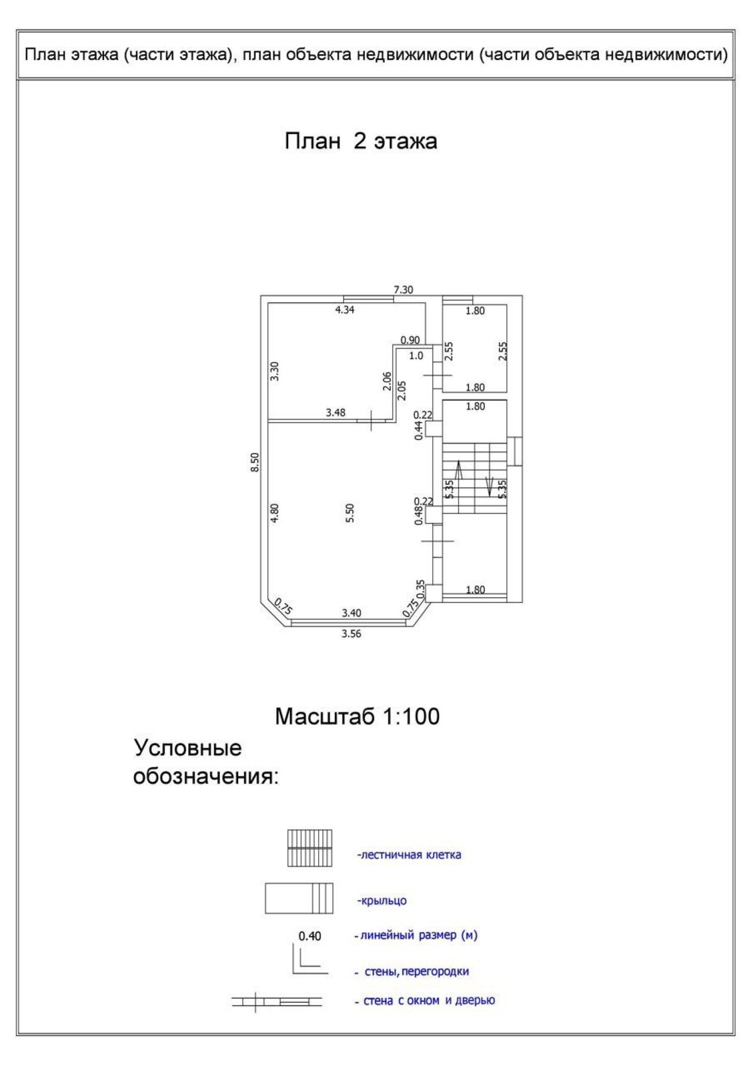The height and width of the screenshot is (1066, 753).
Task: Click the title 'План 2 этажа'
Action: coord(361,142)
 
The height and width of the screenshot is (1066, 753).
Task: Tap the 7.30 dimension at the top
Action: coord(404,289)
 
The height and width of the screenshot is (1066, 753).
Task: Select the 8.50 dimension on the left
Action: coord(254,462)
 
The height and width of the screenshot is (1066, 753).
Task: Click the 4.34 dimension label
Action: coord(345,310)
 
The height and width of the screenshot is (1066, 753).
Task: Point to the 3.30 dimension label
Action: coord(275,371)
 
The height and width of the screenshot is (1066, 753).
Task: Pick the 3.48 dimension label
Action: coord(335,413)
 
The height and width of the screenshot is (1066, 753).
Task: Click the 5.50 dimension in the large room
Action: coord(349,513)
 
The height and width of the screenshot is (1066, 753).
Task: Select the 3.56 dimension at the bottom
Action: coord(351,634)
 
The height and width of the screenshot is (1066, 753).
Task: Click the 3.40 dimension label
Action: coord(351,613)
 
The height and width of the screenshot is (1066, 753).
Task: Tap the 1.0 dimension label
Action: coord(416,356)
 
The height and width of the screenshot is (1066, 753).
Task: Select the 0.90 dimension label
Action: coord(410,340)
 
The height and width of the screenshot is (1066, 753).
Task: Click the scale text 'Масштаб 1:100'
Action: coord(357,717)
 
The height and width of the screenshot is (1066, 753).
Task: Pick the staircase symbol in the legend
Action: coord(309,848)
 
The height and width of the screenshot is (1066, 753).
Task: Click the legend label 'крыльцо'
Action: coord(382,901)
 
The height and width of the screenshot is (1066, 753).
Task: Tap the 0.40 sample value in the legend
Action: coord(310,936)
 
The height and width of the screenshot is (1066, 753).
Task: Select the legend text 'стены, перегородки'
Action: coord(417,972)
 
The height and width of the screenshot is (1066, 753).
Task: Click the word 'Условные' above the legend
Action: coord(188,748)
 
